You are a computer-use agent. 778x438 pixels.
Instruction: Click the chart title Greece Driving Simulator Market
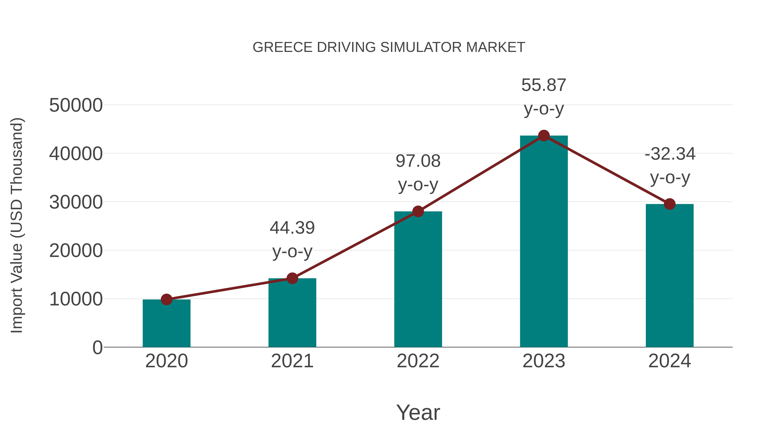pos(389,47)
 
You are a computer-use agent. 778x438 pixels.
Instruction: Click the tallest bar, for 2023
pos(544,242)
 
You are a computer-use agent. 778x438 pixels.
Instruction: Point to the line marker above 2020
pos(166,300)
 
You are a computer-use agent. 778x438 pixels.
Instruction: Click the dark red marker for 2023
pos(544,136)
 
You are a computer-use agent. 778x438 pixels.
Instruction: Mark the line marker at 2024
pos(670,204)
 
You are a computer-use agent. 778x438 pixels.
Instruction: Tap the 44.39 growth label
pos(292,228)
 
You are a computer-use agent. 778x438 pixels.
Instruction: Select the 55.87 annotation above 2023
pos(544,85)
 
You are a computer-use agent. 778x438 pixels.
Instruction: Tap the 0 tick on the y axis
pos(97,348)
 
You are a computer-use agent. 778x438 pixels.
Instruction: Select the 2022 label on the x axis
pos(418,361)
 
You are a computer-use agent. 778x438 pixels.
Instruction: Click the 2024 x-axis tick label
pos(670,361)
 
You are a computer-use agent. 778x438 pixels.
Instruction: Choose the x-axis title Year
pos(418,413)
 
